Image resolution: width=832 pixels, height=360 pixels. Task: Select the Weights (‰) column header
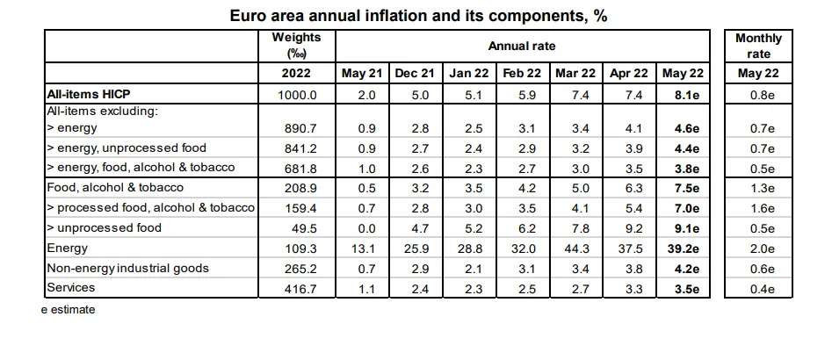297,46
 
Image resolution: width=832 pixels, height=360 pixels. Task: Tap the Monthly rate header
757,46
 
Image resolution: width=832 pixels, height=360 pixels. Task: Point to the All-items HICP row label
88,94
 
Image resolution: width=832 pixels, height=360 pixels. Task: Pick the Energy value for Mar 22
575,248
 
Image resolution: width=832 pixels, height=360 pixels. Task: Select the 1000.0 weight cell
297,94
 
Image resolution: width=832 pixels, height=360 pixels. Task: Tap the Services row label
70,287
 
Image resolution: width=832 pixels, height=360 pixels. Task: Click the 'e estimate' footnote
68,310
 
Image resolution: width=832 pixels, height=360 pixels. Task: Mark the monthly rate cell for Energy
757,248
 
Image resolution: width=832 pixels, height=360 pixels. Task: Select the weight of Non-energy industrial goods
297,268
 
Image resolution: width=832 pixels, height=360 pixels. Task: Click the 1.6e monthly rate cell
757,208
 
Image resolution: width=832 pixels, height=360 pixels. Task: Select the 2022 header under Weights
297,73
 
